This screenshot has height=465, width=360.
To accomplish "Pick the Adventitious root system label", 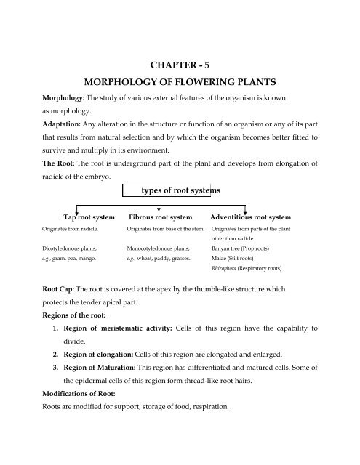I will tap(250, 217).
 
